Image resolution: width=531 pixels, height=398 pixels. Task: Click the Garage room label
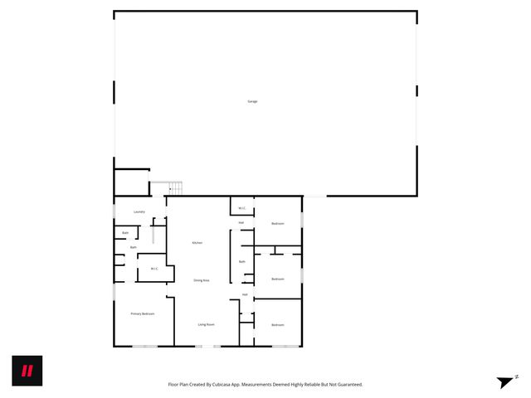[x=252, y=101]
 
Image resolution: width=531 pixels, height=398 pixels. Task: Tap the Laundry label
[x=139, y=211]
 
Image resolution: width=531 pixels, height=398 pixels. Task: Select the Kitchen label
[x=197, y=242]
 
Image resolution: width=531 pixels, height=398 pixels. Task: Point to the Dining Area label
[x=202, y=280]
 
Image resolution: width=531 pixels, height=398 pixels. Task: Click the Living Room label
[x=207, y=324]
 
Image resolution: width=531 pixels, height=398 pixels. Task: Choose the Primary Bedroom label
[x=142, y=313]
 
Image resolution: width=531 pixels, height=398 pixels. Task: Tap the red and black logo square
[x=27, y=371]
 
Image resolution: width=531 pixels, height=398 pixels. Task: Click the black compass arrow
[x=504, y=382]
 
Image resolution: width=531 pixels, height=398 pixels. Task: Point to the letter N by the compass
[x=517, y=376]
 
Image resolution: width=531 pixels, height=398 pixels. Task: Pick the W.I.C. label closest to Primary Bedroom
[x=155, y=269]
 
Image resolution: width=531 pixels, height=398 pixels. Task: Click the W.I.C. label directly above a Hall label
[x=241, y=207]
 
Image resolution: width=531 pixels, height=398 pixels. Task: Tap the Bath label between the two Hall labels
[x=242, y=262]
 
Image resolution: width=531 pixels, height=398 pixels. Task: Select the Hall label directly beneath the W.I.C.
[x=241, y=222]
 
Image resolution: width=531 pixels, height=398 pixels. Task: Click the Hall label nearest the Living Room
[x=245, y=294]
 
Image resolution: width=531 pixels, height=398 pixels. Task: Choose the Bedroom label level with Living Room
[x=278, y=324]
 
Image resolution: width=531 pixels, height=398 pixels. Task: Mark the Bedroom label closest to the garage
[x=278, y=224]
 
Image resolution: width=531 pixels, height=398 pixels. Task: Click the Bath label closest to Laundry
[x=125, y=233]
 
